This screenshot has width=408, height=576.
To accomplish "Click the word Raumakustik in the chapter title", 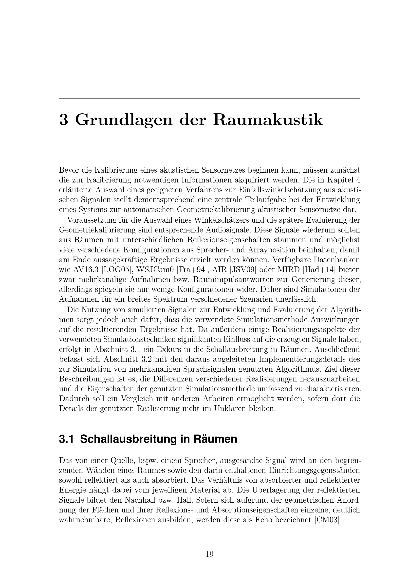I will click(268, 120).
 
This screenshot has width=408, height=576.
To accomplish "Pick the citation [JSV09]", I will click(241, 270).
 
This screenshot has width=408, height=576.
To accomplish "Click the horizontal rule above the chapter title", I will click(209, 99).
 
